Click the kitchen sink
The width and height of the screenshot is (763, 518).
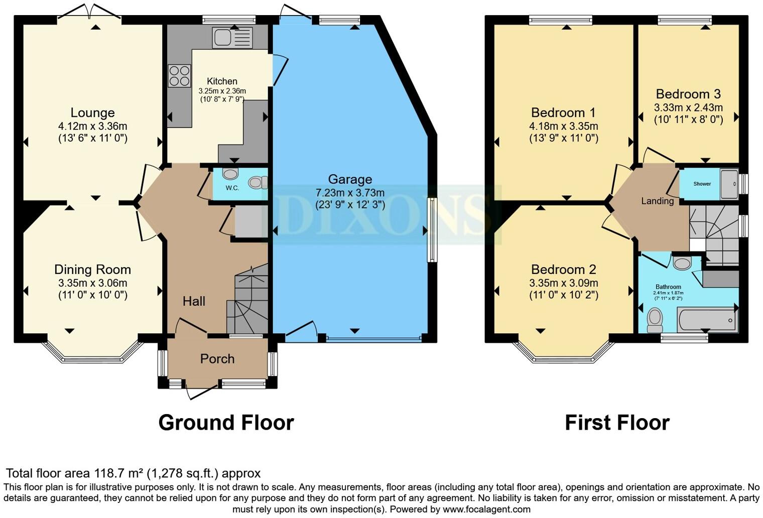[232, 38]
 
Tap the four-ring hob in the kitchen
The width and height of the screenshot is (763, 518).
[179, 76]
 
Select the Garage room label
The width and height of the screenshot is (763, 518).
[350, 179]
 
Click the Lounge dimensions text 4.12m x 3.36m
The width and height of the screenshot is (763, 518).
[92, 126]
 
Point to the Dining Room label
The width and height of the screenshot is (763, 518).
[92, 270]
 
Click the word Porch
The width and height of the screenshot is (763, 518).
[217, 359]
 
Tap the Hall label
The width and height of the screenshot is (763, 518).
[194, 301]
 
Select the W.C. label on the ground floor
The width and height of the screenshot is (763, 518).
[232, 188]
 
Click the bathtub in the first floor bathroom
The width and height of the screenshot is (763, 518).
[707, 320]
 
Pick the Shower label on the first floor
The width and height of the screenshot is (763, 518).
[702, 184]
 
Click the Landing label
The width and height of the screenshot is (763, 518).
[657, 201]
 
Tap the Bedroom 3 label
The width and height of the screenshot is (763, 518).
[688, 94]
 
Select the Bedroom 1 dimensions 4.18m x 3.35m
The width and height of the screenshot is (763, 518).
[564, 126]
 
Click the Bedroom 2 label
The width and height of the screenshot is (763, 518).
[564, 270]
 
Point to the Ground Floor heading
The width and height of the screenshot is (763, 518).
[226, 423]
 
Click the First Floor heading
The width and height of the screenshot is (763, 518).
[617, 423]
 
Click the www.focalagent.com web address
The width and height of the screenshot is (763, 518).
[485, 509]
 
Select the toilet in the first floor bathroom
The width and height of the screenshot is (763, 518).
[655, 320]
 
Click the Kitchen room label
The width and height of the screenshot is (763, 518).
[222, 81]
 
